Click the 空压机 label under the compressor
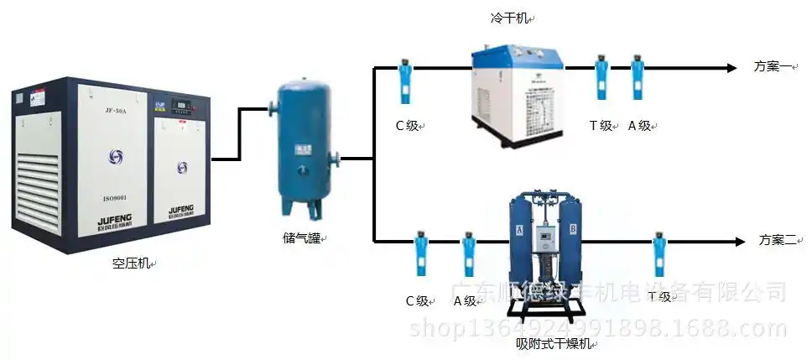click(x=131, y=263)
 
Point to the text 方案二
click(x=775, y=241)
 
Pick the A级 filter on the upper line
click(x=637, y=78)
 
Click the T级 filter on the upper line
click(x=601, y=78)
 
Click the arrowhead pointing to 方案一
click(x=734, y=67)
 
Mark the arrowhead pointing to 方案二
click(x=739, y=242)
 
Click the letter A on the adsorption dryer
click(x=519, y=227)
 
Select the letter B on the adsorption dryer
click(x=573, y=227)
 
